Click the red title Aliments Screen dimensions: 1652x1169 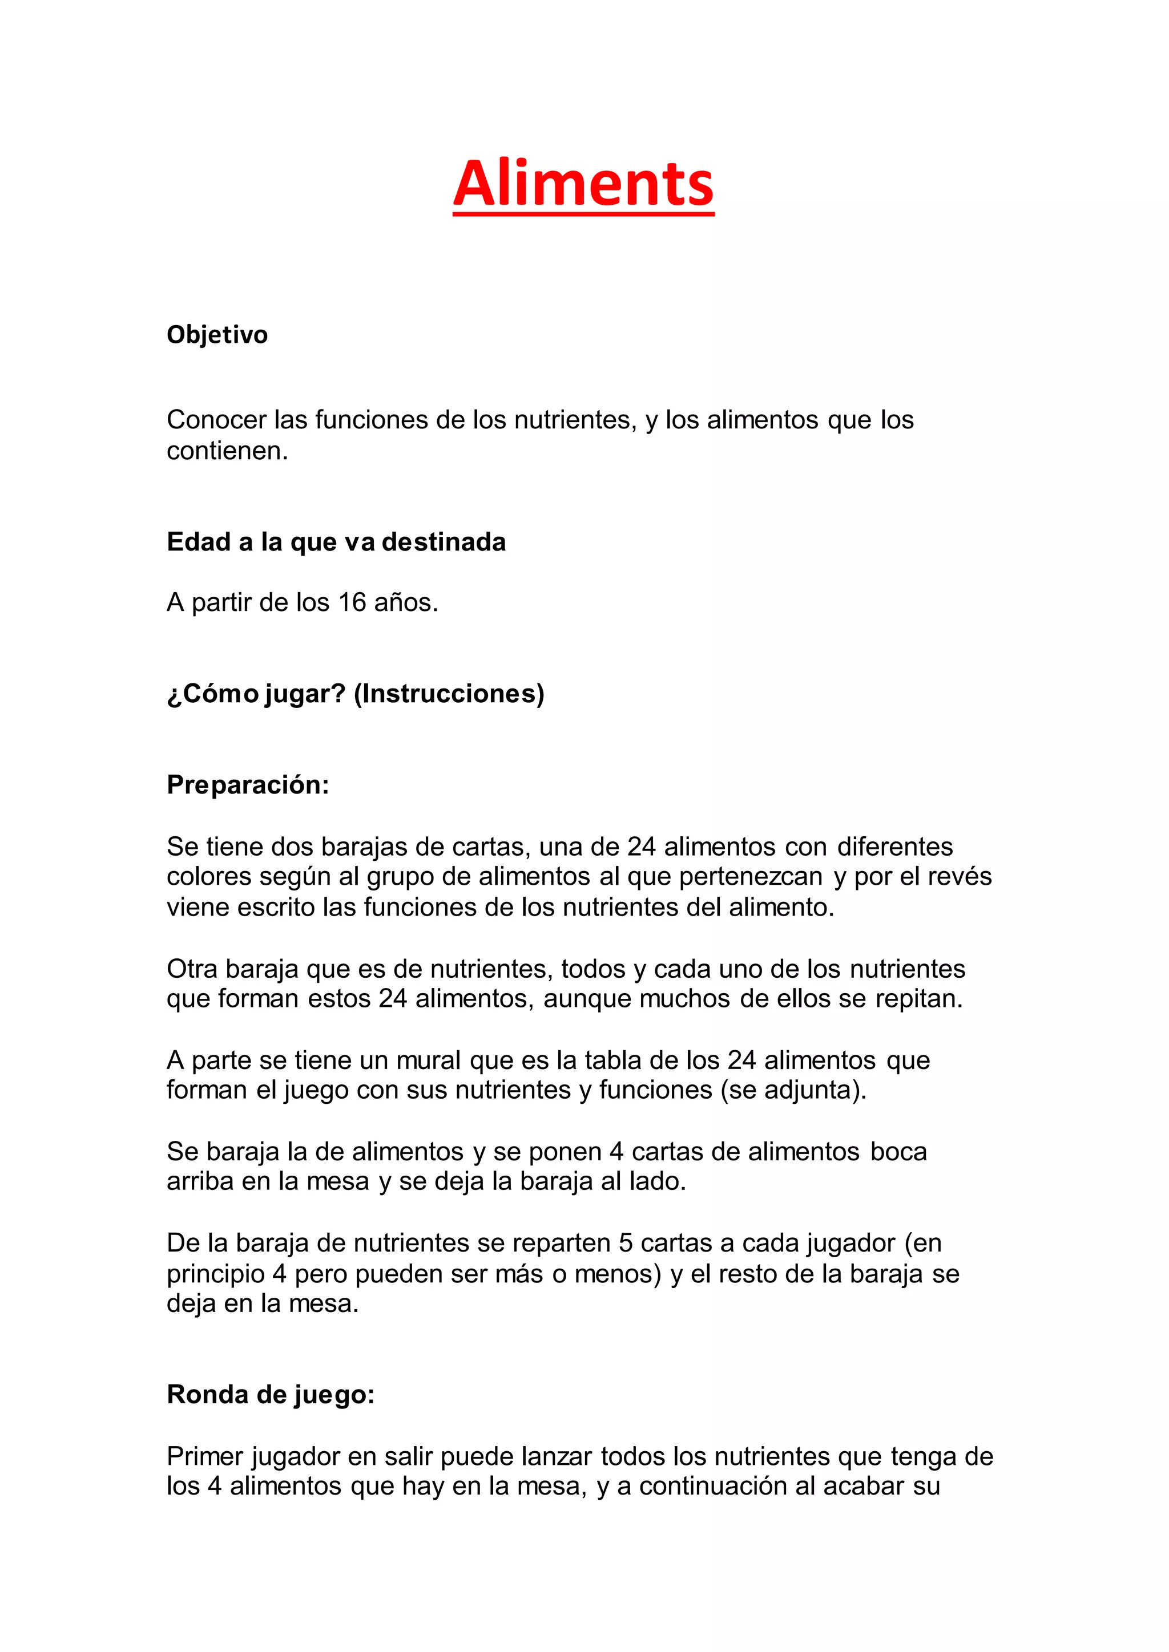(x=583, y=184)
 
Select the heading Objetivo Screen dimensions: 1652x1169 (x=217, y=335)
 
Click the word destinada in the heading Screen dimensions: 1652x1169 (x=444, y=542)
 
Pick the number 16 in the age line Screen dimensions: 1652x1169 (x=352, y=602)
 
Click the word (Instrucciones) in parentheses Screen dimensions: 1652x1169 (x=449, y=694)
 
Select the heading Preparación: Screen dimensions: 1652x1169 (x=248, y=784)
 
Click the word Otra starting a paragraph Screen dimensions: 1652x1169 (x=192, y=969)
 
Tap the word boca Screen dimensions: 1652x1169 (x=898, y=1152)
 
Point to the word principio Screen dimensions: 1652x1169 (x=216, y=1274)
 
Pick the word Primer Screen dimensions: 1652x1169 (x=205, y=1457)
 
